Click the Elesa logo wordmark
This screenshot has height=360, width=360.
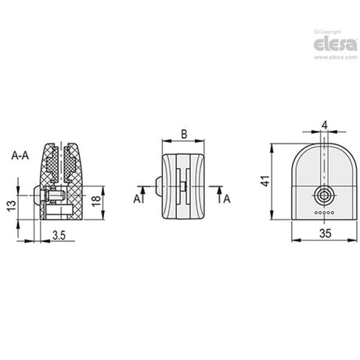(335, 45)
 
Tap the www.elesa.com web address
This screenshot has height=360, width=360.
(335, 57)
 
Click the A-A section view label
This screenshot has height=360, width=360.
(20, 156)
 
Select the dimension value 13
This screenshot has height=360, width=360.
(12, 206)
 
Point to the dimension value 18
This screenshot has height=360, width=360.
(96, 200)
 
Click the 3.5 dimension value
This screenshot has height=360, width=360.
(59, 236)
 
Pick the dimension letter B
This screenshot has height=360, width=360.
(184, 135)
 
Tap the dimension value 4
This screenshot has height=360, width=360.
(325, 125)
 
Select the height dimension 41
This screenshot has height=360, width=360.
(265, 181)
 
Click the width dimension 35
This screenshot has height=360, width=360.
(326, 233)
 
